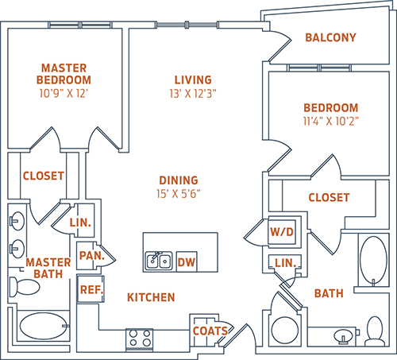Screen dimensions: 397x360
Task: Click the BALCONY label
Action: pos(330,37)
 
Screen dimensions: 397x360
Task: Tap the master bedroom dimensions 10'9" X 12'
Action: pos(64,93)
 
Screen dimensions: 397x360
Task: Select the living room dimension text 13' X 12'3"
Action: pos(193,94)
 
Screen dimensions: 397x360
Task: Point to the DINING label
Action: pos(179,180)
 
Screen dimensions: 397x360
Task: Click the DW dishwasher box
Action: pos(187,261)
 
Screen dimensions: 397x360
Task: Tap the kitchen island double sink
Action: pos(159,261)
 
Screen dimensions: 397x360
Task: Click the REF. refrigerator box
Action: pos(91,289)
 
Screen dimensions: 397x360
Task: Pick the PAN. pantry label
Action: pos(92,256)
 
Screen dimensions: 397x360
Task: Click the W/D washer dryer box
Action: pos(282,232)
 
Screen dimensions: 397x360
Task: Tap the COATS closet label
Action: pos(210,331)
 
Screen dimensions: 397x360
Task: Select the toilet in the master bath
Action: pos(24,287)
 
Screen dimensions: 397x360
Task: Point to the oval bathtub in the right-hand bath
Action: pos(373,261)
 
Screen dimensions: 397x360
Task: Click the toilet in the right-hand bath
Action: pos(375,331)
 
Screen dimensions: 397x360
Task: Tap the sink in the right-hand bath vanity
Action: pos(343,336)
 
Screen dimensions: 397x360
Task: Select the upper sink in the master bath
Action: pos(17,221)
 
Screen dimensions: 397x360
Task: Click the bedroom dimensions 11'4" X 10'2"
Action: pos(331,122)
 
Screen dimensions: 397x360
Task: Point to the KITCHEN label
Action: pos(151,297)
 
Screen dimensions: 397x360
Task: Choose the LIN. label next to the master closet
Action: pos(80,223)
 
